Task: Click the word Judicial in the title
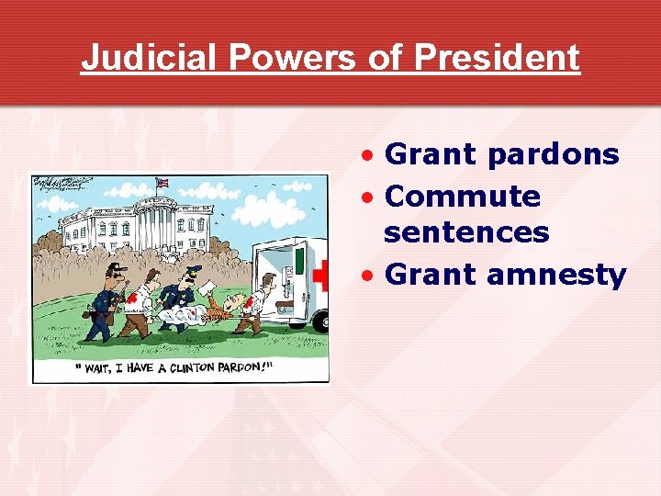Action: [x=149, y=57]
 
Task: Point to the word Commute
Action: [x=463, y=196]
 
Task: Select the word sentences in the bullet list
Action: [x=466, y=232]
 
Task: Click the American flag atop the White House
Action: [x=162, y=183]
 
